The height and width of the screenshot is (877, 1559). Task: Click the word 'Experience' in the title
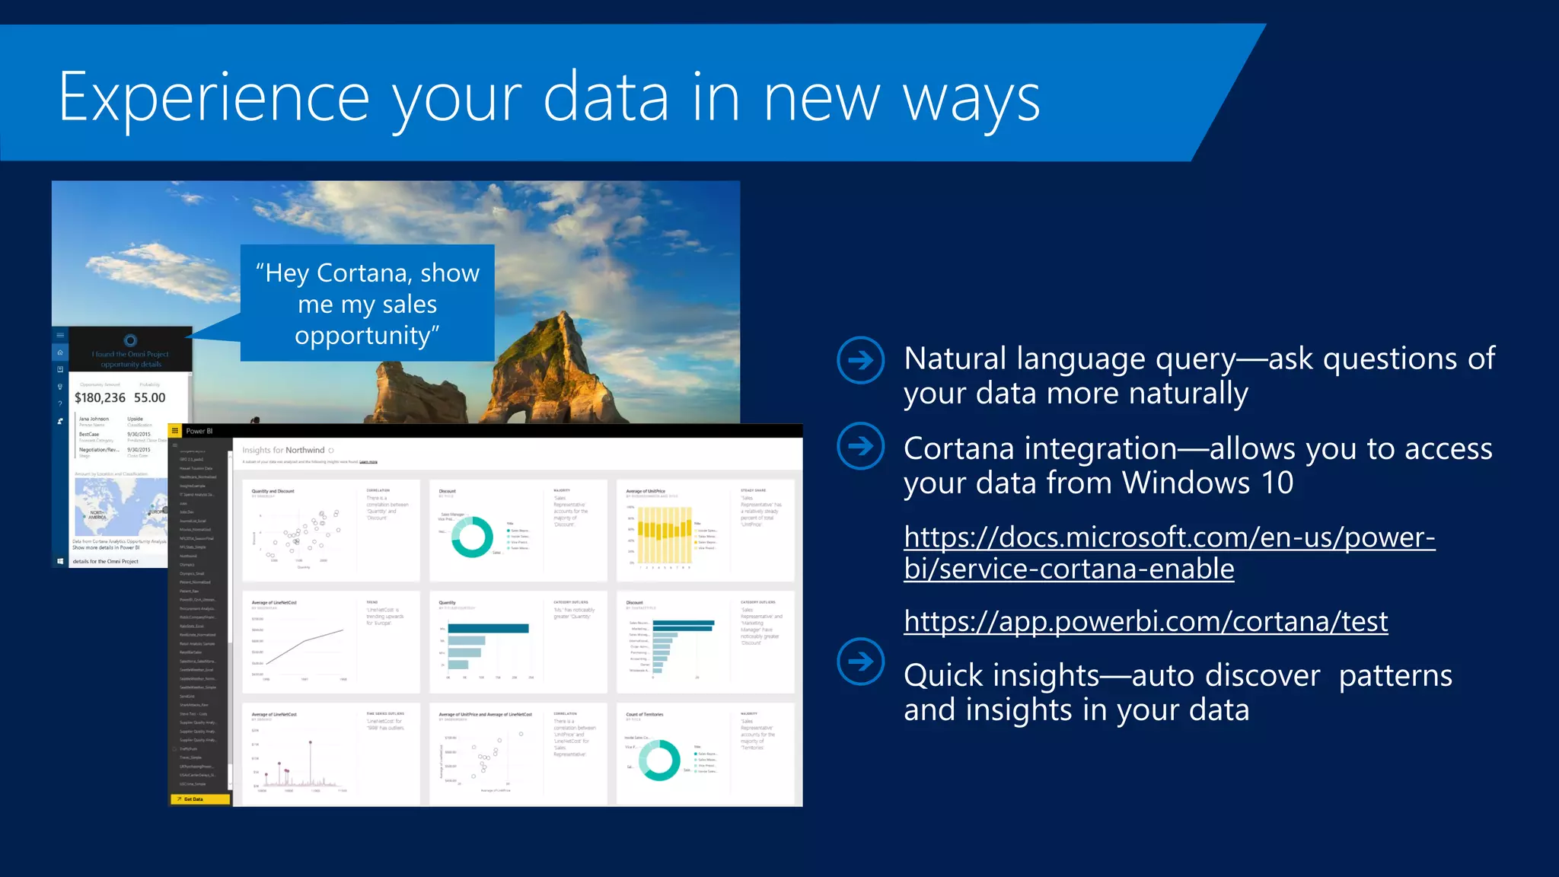(214, 97)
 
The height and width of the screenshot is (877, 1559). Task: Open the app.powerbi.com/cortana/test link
(1145, 621)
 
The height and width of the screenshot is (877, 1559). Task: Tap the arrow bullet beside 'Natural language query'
(860, 360)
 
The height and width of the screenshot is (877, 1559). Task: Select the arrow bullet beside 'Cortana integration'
(860, 446)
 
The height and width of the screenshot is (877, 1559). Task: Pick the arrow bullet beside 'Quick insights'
(860, 661)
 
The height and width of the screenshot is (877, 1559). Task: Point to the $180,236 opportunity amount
(100, 397)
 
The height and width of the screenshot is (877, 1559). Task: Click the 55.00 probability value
(149, 397)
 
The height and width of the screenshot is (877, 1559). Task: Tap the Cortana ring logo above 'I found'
(130, 340)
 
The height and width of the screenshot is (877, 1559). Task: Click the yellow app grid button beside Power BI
(175, 431)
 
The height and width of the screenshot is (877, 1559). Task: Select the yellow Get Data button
(199, 799)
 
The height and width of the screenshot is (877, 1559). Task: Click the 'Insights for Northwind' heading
(283, 450)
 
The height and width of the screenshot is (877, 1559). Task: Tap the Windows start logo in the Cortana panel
(60, 561)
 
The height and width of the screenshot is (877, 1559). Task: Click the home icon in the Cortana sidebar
(60, 352)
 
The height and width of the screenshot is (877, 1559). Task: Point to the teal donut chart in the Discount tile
(472, 537)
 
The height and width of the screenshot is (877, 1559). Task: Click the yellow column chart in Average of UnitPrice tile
(664, 530)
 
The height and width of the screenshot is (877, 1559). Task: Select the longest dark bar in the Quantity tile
(488, 628)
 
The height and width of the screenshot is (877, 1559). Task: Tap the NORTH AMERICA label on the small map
(97, 515)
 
